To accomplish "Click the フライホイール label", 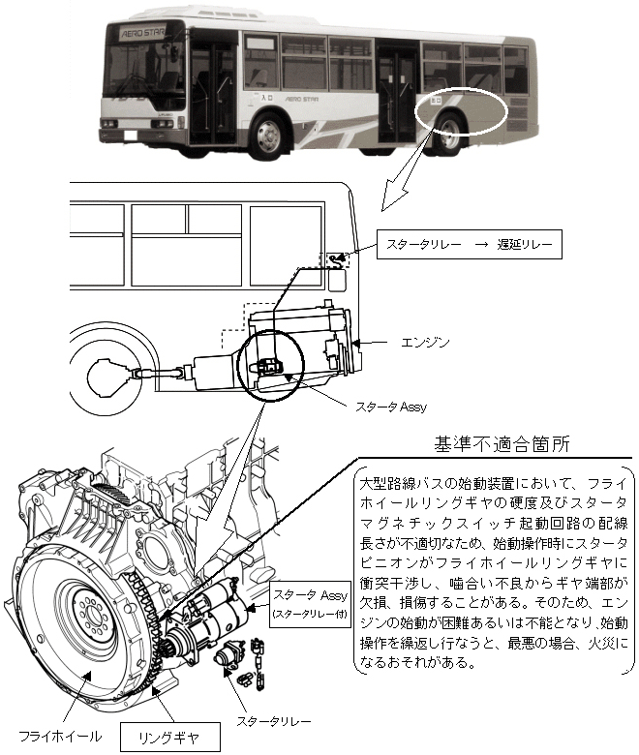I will click(54, 722).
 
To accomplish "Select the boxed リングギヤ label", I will click(171, 737).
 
